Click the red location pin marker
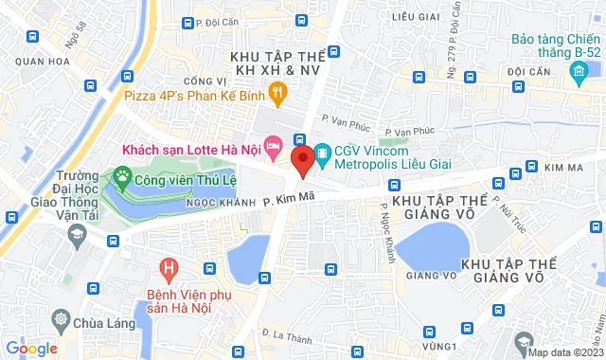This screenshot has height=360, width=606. point(301,160)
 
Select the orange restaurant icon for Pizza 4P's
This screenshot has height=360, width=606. point(277,93)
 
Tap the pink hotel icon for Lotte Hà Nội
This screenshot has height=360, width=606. point(273,146)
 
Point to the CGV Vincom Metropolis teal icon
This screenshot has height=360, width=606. point(323,152)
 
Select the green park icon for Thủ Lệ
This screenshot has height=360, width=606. point(121,175)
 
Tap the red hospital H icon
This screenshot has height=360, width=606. point(169,269)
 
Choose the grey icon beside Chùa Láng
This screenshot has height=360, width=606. point(62,317)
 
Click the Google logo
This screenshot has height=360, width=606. point(32,349)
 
